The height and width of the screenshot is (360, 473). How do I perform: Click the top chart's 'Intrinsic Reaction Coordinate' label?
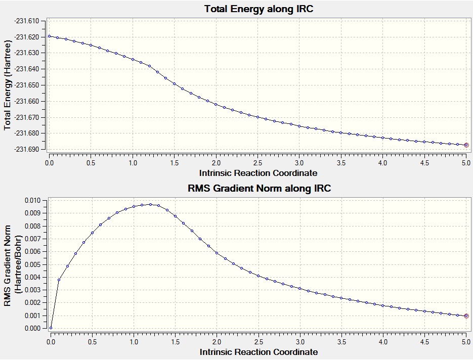259,173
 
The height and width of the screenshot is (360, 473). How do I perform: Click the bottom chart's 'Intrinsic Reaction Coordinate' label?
259,351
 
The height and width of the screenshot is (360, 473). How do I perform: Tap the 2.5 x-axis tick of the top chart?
258,163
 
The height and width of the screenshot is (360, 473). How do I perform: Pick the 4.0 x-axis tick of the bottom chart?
383,342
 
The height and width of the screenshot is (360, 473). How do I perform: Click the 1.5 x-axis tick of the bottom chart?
175,342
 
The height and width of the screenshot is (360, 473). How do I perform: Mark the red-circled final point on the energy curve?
466,145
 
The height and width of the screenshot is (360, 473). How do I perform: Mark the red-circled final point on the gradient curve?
466,316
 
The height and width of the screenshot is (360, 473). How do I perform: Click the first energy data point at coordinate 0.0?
49,36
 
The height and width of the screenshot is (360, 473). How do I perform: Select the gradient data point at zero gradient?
51,328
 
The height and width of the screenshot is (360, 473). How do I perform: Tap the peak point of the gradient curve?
150,204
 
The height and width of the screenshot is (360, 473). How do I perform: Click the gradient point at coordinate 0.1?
59,280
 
